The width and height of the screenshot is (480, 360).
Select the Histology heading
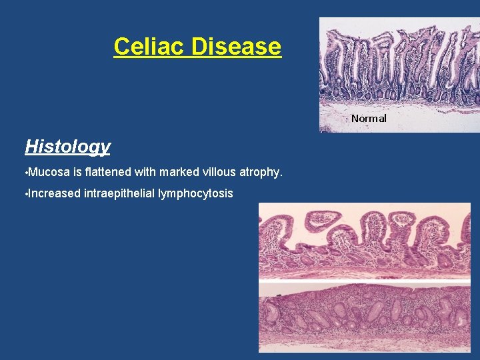coord(67,147)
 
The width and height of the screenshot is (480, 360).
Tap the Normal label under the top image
coord(369,118)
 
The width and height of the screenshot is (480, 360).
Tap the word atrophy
coord(258,173)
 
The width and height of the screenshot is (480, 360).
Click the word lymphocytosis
coord(195,194)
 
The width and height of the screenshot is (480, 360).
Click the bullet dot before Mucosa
coord(26,173)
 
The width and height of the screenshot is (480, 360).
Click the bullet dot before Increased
coord(26,194)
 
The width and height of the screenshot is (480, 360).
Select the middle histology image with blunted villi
coord(364,241)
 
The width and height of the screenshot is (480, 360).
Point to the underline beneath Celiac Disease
coord(197,58)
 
